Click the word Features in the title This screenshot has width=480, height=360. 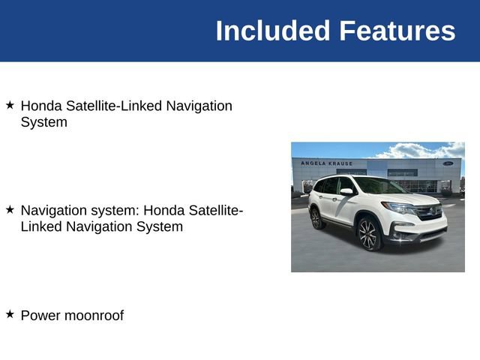pos(397,31)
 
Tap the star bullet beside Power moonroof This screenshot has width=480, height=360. pos(10,314)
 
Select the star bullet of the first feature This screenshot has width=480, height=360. pos(10,105)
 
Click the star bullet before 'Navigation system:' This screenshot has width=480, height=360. pos(10,210)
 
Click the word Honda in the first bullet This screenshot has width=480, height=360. pos(40,106)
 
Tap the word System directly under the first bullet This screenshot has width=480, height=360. pos(43,121)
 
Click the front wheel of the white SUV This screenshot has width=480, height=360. pos(369,235)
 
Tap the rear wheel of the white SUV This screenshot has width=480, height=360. pos(316,218)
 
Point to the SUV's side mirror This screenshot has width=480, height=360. pos(346,192)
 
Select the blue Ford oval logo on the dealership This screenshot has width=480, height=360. pos(448,163)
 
